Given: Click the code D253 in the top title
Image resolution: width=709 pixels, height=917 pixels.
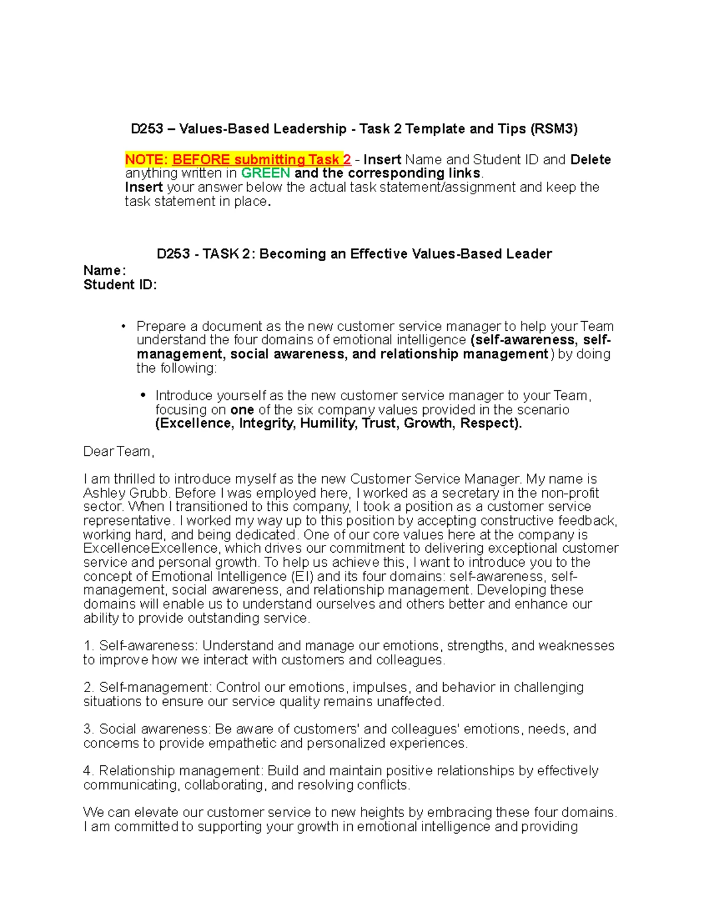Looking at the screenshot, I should click(x=147, y=129).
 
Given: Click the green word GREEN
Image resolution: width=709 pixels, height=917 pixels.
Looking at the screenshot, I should click(x=265, y=173).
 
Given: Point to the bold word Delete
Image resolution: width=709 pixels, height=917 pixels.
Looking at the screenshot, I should click(x=590, y=159).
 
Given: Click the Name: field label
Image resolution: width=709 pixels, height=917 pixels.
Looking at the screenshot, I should click(x=105, y=270).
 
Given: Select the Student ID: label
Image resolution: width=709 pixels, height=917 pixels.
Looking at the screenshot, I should click(x=120, y=285).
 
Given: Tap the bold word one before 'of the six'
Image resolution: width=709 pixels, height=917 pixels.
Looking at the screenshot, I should click(x=242, y=410).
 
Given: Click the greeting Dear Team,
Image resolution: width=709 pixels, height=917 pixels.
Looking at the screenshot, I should click(x=119, y=452).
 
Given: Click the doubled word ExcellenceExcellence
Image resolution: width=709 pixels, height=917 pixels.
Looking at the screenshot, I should click(x=151, y=549).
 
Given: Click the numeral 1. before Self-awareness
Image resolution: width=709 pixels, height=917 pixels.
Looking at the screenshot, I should click(x=88, y=646).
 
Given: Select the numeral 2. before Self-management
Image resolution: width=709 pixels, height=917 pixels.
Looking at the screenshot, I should click(x=89, y=687).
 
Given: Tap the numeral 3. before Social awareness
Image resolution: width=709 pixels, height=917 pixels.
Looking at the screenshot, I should click(x=89, y=729).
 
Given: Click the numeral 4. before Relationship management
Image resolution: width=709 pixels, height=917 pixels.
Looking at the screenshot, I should click(x=89, y=771).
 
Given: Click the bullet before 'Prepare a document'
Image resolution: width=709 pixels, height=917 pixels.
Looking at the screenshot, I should click(x=123, y=326).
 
